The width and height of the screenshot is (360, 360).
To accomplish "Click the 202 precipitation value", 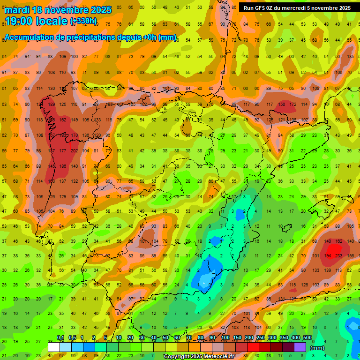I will pyautogui.click(x=74, y=151).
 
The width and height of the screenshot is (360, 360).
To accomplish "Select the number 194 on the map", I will pyautogui.click(x=327, y=256).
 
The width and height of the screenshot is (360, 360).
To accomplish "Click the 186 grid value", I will pyautogui.click(x=62, y=166).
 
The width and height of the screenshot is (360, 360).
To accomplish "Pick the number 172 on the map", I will pyautogui.click(x=292, y=105).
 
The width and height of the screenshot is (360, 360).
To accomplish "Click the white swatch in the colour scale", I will pyautogui.click(x=54, y=347).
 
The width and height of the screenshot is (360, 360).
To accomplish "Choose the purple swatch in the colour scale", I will pyautogui.click(x=300, y=347).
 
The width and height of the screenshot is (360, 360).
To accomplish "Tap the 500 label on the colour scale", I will pyautogui.click(x=307, y=338).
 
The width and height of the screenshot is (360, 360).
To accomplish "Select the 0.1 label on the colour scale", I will pyautogui.click(x=60, y=338).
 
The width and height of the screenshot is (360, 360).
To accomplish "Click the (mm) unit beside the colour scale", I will pyautogui.click(x=317, y=348).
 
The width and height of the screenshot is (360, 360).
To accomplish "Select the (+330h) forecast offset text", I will pyautogui.click(x=83, y=21).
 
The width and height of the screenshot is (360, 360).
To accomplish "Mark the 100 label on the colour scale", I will pyautogui.click(x=225, y=338).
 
